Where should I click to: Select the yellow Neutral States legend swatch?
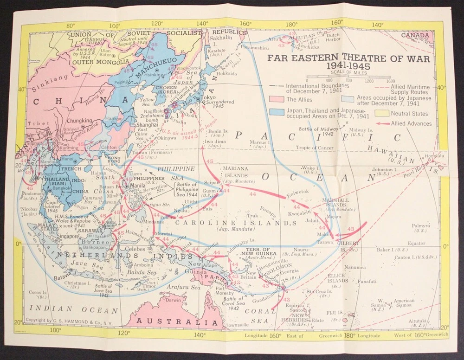coord(381,114)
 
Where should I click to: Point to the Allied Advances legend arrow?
coord(382,124)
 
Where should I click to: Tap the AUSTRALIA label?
coord(172,321)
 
